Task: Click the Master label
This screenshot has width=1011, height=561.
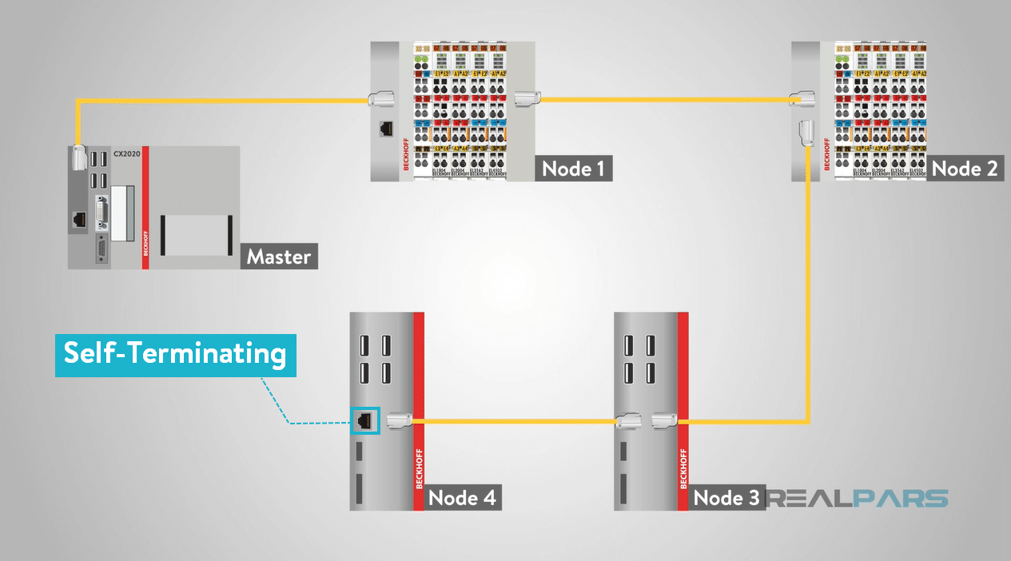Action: [279, 257]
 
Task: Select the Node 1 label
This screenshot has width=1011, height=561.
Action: [574, 169]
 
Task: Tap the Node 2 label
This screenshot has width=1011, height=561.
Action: [965, 169]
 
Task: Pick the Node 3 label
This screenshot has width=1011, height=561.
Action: [726, 498]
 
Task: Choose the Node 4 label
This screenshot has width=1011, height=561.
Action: [461, 498]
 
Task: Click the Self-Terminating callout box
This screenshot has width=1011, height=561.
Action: [175, 354]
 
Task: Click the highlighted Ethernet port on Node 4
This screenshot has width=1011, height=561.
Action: [364, 420]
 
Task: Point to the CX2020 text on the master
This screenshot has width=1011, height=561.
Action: [127, 153]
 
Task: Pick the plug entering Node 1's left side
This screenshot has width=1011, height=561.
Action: [380, 100]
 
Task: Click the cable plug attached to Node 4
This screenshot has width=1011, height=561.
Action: [400, 420]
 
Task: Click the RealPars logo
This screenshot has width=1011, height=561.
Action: [858, 499]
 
